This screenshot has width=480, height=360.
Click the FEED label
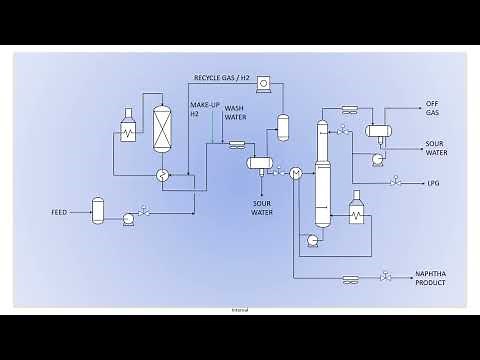click(x=59, y=213)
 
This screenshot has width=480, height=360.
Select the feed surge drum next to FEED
click(x=98, y=209)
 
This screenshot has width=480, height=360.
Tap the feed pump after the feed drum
click(x=128, y=217)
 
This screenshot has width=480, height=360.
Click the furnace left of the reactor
click(x=128, y=129)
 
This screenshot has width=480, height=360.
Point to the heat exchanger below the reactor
click(x=161, y=174)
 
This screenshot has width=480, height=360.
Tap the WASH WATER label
click(x=235, y=112)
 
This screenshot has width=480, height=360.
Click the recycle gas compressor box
click(x=263, y=83)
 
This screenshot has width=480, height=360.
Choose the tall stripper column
click(x=322, y=172)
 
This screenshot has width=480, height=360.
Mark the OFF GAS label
click(x=432, y=109)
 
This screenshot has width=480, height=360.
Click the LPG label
click(x=432, y=182)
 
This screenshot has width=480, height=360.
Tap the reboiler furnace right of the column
click(x=356, y=213)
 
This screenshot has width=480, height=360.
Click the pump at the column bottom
click(x=313, y=240)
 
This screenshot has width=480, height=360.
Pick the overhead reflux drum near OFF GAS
click(x=378, y=130)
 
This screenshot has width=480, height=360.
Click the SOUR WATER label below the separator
click(x=262, y=208)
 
